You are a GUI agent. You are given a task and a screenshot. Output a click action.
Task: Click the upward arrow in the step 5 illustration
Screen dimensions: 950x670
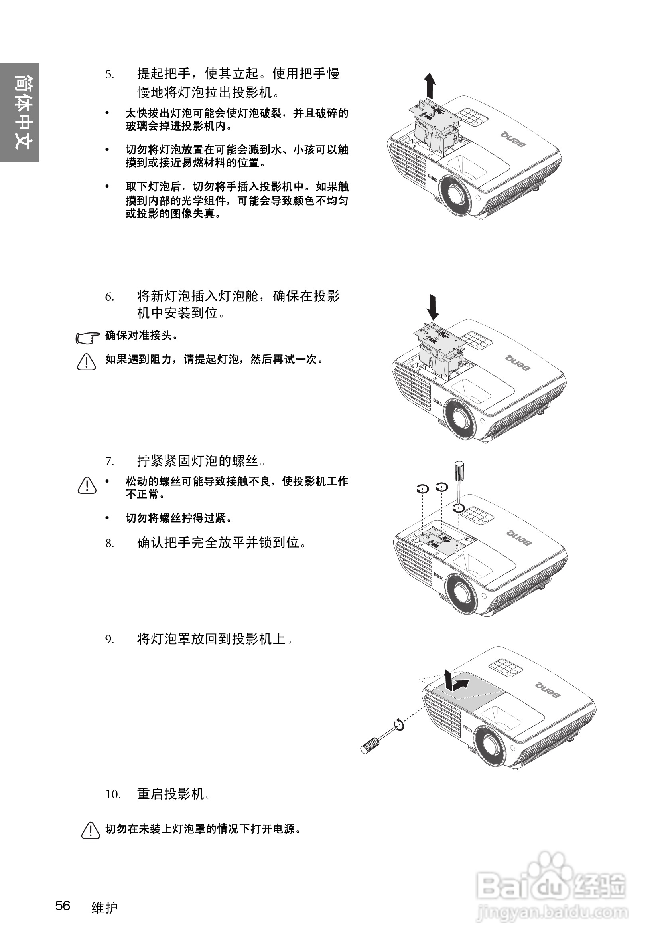point(430,86)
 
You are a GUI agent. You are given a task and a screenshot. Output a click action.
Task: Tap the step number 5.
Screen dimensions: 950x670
point(109,75)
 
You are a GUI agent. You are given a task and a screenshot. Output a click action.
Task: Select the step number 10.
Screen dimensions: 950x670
point(112,794)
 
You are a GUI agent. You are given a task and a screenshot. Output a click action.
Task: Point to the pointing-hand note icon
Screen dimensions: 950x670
point(88,338)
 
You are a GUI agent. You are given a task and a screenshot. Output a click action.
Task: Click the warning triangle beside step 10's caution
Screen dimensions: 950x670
point(91,830)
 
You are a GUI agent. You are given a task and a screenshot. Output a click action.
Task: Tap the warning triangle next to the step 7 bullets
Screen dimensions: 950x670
point(87,485)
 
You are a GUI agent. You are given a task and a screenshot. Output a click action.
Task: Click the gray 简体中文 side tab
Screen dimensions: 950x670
point(20,112)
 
